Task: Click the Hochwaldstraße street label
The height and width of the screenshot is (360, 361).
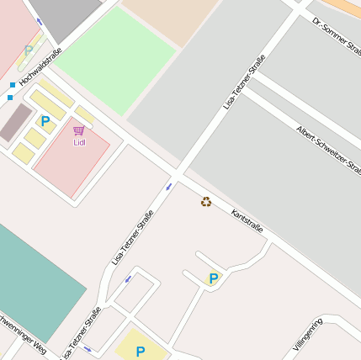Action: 41,67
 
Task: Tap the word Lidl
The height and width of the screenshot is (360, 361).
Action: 80,142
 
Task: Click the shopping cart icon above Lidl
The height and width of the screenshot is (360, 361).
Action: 79,131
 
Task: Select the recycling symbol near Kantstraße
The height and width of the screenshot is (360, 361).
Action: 206,201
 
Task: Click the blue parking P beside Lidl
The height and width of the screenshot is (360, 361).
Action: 45,121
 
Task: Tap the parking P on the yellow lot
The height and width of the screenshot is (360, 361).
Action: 141,351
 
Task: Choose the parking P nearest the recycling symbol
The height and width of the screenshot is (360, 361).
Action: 214,278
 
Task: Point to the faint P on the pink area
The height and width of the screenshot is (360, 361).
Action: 29,50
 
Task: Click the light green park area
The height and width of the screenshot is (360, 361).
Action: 114,59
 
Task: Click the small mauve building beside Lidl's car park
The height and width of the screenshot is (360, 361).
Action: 15,122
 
